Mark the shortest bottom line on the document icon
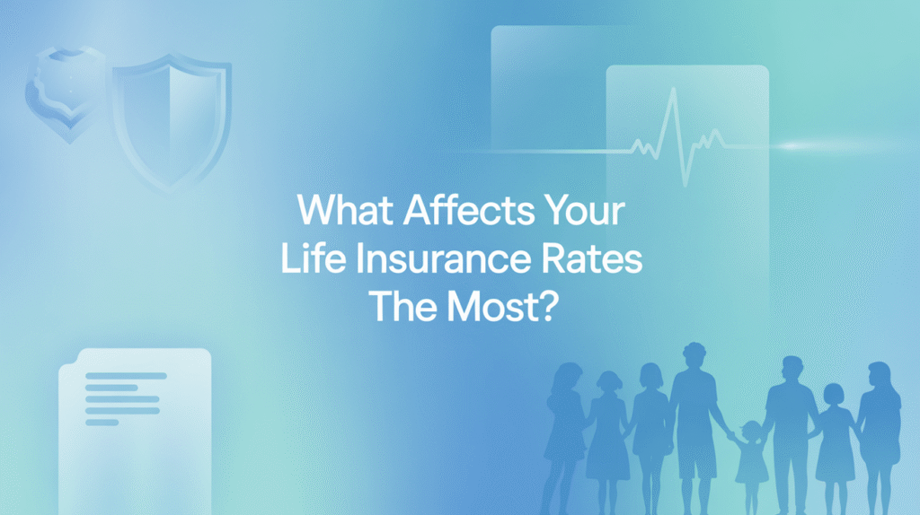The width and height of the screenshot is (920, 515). point(102,422)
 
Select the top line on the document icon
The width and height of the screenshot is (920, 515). point(126,375)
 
